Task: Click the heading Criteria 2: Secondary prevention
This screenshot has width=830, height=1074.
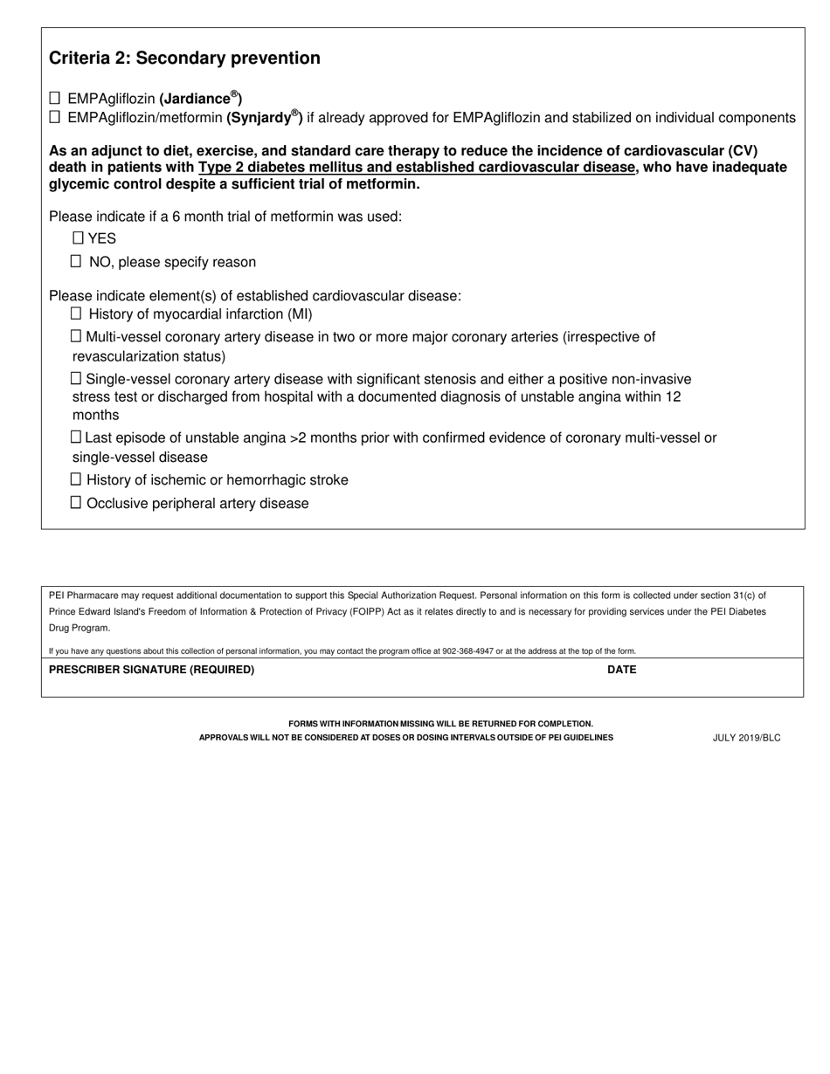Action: (184, 59)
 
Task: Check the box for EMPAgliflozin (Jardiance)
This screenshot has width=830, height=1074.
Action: (55, 98)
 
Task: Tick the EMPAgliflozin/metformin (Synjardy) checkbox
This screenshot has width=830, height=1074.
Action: (55, 116)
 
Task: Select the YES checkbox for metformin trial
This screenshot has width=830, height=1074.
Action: (78, 238)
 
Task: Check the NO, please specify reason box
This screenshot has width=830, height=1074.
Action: (76, 261)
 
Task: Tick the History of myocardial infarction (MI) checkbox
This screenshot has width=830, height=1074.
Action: (76, 313)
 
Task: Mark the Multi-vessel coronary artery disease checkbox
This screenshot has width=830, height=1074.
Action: (76, 336)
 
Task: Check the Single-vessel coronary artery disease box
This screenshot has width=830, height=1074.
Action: (76, 378)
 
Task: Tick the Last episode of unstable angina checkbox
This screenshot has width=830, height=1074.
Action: (76, 437)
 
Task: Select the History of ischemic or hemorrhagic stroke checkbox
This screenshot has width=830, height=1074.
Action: (76, 479)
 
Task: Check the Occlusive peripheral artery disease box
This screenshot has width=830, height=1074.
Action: (76, 502)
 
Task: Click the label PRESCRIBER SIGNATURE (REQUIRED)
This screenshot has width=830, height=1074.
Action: (151, 670)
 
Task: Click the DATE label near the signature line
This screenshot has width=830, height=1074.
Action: (621, 670)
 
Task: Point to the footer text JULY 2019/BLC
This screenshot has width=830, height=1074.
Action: (746, 738)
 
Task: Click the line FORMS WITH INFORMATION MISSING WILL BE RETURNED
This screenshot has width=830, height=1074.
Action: (440, 724)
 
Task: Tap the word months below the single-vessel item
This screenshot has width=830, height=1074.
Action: (95, 415)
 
